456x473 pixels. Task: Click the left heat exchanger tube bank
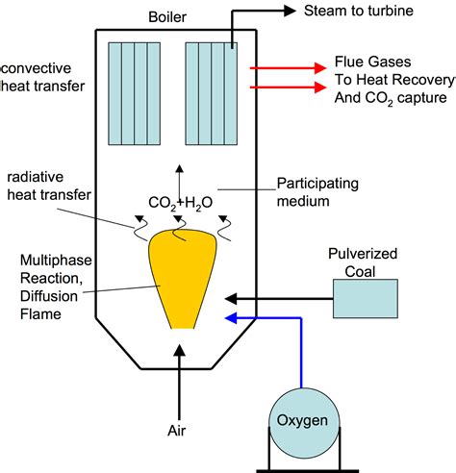tap(132, 91)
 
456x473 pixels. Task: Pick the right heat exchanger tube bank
tap(211, 91)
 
